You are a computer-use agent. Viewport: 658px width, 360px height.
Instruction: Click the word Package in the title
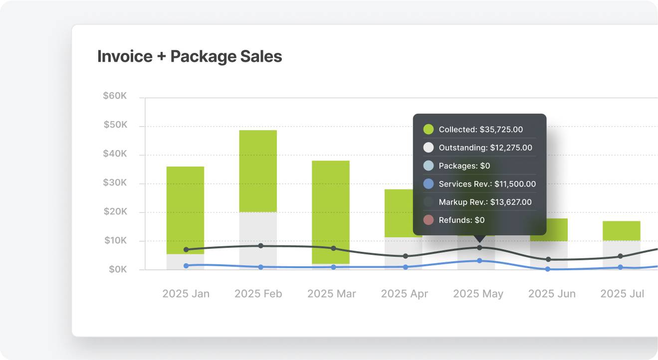click(202, 56)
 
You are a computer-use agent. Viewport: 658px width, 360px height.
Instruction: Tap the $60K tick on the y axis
click(115, 96)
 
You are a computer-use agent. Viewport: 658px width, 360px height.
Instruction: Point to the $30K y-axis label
click(115, 183)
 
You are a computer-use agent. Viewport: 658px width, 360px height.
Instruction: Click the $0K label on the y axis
click(118, 270)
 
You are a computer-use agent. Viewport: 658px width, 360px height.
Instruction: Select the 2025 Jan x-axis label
click(186, 294)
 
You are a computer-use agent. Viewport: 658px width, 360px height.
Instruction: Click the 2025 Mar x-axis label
click(331, 294)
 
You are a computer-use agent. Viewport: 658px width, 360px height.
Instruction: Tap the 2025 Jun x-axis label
click(552, 294)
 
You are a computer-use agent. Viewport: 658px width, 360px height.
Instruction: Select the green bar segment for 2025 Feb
click(258, 171)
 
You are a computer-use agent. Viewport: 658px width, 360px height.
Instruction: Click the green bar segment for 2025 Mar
click(331, 212)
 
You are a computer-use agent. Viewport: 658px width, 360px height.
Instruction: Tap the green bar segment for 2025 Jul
click(622, 231)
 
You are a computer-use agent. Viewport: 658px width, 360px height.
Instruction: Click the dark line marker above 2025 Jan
click(186, 249)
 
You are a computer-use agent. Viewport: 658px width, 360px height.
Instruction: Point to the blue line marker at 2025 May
click(479, 261)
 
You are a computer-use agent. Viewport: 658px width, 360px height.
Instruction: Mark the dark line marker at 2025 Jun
click(548, 259)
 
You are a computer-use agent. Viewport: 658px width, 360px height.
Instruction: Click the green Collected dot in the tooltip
click(429, 130)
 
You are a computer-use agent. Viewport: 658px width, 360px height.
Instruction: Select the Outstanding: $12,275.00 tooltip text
click(485, 148)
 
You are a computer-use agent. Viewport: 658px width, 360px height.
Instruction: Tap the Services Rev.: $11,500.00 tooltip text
click(487, 184)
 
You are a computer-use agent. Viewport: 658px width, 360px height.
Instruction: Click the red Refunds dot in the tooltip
click(429, 220)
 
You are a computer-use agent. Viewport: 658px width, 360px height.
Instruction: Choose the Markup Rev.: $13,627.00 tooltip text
click(485, 202)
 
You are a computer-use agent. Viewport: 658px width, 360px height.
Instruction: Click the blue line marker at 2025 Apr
click(405, 267)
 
